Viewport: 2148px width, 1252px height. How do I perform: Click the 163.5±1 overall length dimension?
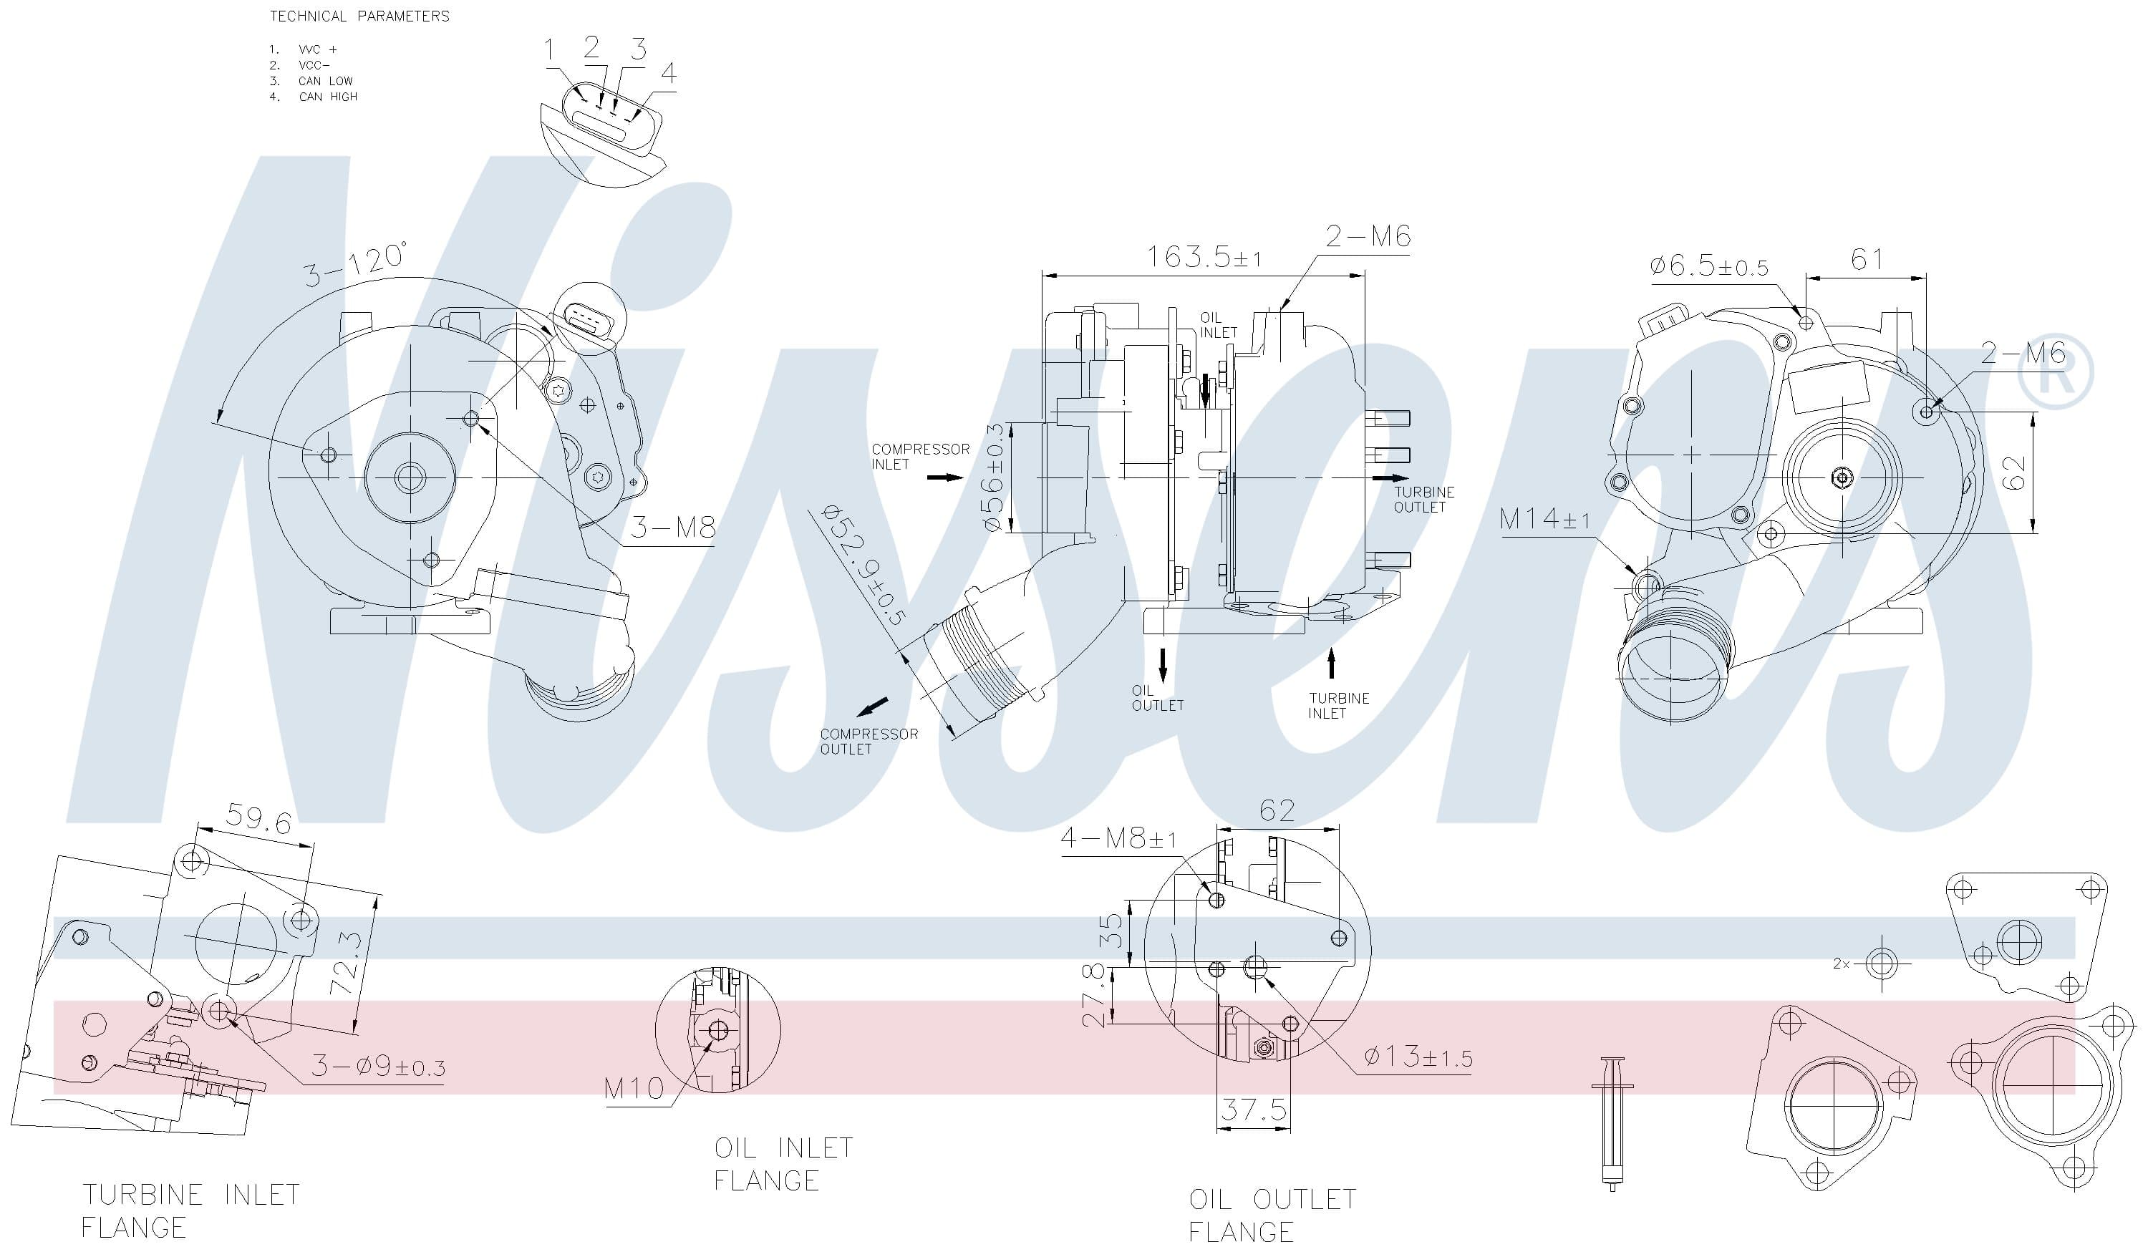click(1204, 256)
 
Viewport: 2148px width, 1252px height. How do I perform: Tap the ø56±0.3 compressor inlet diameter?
click(993, 477)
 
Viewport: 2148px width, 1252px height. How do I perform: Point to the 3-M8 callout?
click(672, 528)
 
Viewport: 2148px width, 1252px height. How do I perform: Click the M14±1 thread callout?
click(1544, 518)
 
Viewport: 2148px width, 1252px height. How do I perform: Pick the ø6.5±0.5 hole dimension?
click(1709, 266)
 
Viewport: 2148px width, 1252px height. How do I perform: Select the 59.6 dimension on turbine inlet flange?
click(259, 819)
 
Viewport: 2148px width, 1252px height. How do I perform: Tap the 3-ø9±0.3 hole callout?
click(377, 1066)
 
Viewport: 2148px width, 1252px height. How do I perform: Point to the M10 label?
click(634, 1088)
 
